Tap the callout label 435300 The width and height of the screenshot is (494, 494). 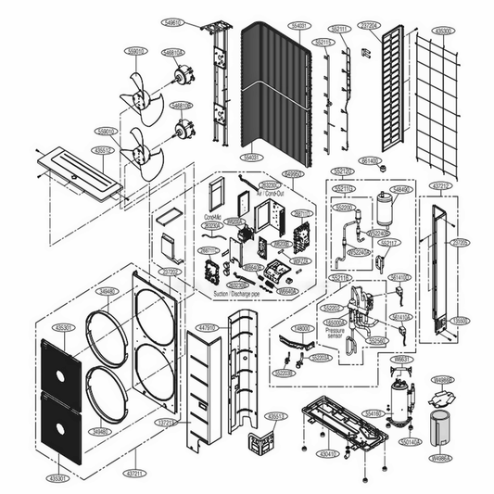coord(443,31)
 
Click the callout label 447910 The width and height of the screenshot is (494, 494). coord(206,327)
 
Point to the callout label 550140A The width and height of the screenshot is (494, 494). coord(411,444)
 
